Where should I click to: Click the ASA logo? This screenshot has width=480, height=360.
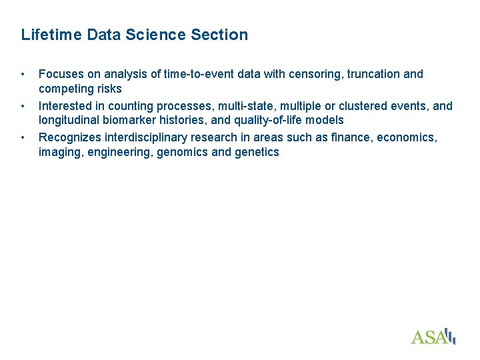433,336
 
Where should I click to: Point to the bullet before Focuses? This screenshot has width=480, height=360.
23,74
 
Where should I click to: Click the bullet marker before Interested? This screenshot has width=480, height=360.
23,106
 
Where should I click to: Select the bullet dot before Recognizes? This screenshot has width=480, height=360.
23,138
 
